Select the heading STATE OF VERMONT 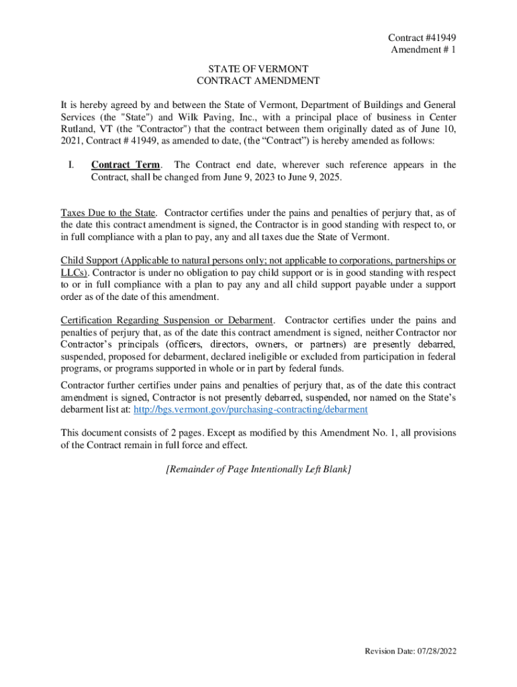click(x=258, y=68)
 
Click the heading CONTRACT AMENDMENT click(x=258, y=81)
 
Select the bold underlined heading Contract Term click(x=126, y=165)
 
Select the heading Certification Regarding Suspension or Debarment click(x=167, y=320)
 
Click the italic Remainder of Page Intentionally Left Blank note click(x=258, y=470)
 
